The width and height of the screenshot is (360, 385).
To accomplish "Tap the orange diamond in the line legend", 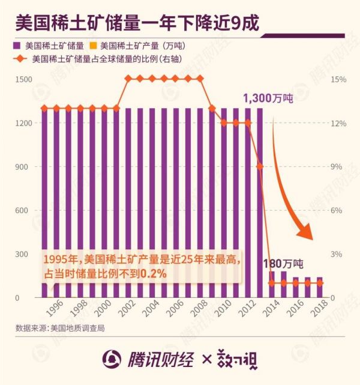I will click(x=22, y=59).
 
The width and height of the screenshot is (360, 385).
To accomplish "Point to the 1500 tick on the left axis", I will click(x=24, y=79).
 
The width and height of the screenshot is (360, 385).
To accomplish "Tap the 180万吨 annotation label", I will click(x=284, y=263).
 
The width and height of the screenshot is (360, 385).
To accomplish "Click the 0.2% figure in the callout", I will click(x=154, y=274).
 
